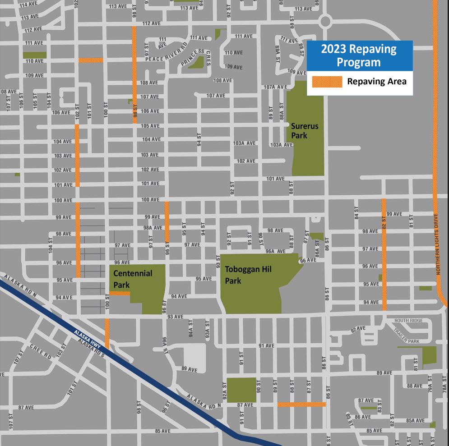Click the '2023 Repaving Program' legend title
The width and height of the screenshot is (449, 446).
click(x=359, y=55)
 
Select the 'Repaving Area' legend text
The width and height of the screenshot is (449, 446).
click(x=376, y=82)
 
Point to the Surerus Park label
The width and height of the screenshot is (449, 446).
click(x=305, y=131)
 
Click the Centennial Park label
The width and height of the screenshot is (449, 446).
click(x=133, y=279)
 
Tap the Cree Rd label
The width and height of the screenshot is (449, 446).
click(x=41, y=352)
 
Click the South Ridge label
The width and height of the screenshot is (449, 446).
click(x=409, y=321)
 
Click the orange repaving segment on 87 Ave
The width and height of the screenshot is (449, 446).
click(x=301, y=405)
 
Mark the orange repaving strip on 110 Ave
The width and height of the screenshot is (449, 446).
click(x=91, y=60)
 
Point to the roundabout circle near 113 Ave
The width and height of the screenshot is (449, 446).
click(x=325, y=21)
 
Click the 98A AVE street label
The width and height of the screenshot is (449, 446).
click(x=153, y=228)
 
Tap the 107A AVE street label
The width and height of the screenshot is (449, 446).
click(x=275, y=87)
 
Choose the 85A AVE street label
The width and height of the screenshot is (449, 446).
click(x=415, y=420)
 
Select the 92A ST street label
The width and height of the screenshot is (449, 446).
click(x=224, y=391)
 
